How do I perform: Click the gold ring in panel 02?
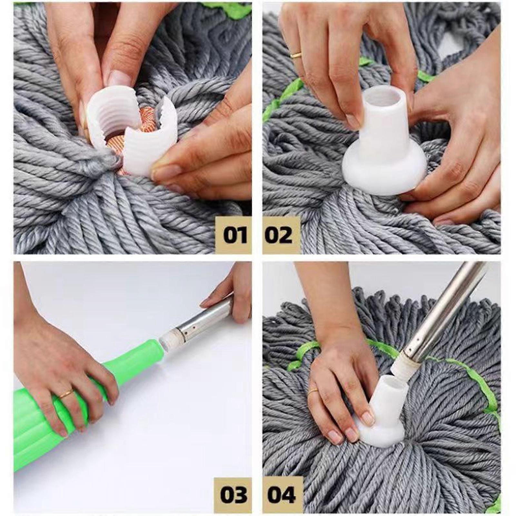tap(296, 55)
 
